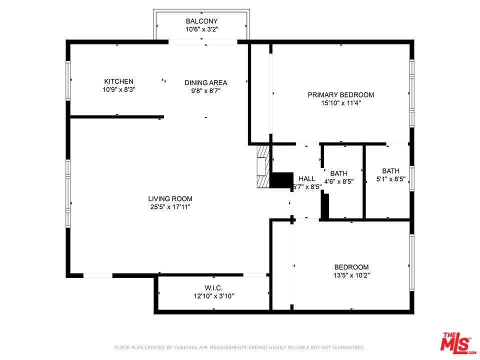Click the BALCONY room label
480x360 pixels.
201,21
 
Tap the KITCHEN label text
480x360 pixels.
118,81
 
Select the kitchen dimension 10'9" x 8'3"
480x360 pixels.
118,90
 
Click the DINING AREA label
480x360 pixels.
205,83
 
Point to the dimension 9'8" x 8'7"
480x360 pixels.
205,91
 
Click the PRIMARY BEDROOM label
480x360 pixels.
340,95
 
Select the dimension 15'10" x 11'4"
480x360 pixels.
340,103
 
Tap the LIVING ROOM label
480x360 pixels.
170,198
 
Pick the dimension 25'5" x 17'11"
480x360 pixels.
170,207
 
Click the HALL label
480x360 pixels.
307,178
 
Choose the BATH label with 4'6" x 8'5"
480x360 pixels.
338,173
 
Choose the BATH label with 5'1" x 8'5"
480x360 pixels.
390,170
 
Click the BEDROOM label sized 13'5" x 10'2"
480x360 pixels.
351,267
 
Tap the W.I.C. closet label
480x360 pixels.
213,287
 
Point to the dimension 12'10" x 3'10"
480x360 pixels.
213,296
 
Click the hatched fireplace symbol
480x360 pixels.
262,167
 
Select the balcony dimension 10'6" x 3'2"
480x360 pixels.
201,29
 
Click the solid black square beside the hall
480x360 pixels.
281,180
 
